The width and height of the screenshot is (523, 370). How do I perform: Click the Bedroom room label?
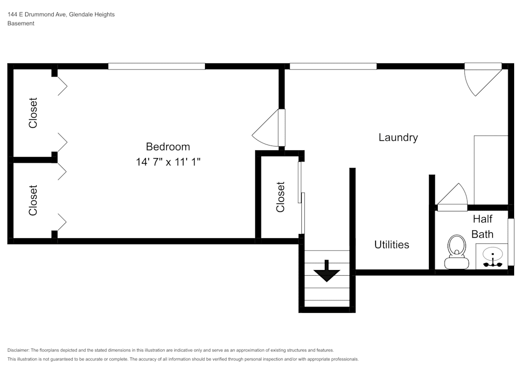[x=167, y=147]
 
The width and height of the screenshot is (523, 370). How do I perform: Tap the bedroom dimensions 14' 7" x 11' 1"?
[x=168, y=162]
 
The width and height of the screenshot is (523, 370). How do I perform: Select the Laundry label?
[x=398, y=138]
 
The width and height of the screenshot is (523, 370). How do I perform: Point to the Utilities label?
[x=392, y=244]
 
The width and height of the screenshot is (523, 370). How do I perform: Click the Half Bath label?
[x=482, y=226]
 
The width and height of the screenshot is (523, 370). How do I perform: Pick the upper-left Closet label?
[x=33, y=113]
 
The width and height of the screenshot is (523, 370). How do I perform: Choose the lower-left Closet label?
[x=33, y=200]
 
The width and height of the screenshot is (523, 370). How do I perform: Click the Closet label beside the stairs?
[x=281, y=197]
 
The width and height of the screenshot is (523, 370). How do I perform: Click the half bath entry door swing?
[x=452, y=196]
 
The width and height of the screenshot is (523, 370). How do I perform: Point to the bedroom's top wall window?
[x=156, y=66]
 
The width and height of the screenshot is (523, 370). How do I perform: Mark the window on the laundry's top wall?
[x=333, y=66]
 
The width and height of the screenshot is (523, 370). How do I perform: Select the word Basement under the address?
[x=21, y=24]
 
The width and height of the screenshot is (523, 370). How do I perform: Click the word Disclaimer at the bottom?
[x=18, y=350]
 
